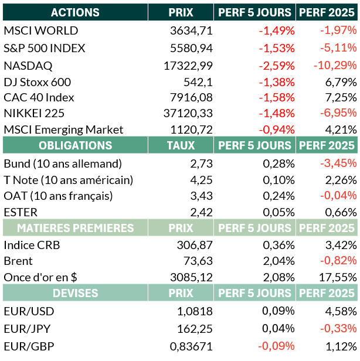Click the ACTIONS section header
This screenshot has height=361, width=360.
click(x=75, y=12)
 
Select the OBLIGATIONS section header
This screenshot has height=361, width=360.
click(x=75, y=145)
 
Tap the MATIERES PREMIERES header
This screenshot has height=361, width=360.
click(x=75, y=228)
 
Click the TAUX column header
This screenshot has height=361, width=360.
click(x=181, y=145)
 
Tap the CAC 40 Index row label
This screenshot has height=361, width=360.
click(x=39, y=97)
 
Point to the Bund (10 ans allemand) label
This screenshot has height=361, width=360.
click(x=63, y=163)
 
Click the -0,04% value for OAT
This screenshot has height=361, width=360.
click(x=338, y=196)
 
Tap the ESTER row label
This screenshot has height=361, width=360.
click(x=21, y=212)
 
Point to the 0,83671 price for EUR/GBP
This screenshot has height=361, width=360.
click(x=191, y=346)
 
